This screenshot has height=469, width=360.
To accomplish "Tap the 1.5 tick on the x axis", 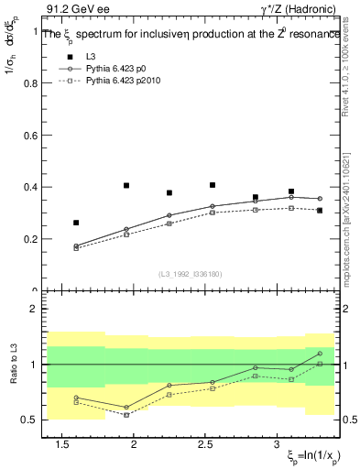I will click(63, 445).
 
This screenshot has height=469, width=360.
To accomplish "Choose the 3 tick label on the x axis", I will click(278, 445).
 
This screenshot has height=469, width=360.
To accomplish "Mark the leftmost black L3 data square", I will click(76, 223).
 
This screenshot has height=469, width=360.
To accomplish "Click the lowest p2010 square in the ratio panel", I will click(126, 415).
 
